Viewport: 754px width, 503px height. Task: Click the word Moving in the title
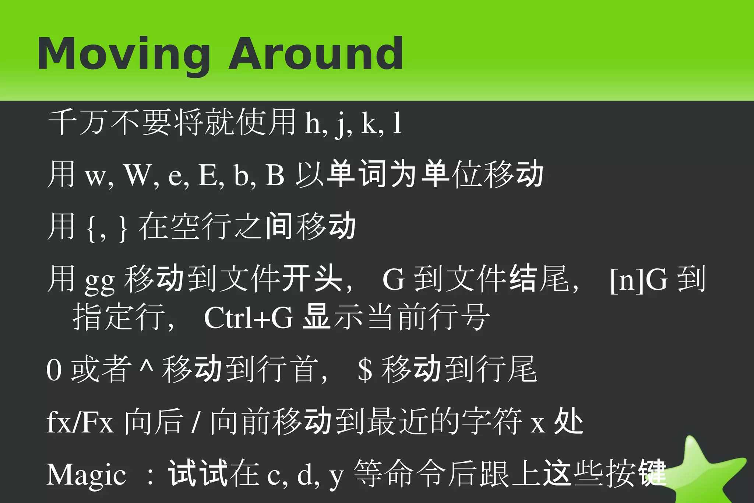(124, 55)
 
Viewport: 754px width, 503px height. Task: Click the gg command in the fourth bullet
(100, 282)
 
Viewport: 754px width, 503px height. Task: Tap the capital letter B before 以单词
(275, 175)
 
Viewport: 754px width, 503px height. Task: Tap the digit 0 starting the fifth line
(54, 370)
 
